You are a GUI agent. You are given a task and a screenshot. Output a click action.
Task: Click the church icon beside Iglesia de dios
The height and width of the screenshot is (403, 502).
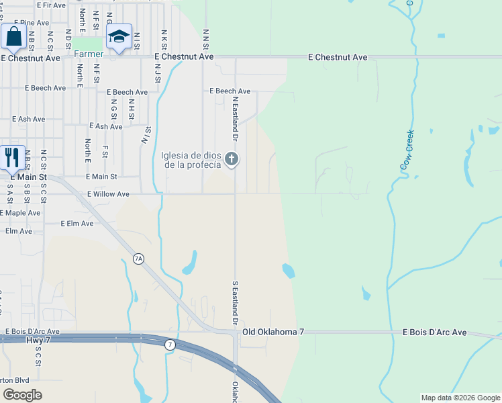(232, 159)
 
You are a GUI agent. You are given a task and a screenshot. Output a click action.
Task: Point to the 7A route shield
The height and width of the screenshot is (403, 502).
(139, 259)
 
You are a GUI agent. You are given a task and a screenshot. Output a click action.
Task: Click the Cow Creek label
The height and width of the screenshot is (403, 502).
(407, 149)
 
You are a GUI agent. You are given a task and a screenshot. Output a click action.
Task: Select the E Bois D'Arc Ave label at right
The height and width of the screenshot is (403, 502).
(434, 332)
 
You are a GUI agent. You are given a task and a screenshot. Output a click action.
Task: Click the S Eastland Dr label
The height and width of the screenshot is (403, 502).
(236, 303)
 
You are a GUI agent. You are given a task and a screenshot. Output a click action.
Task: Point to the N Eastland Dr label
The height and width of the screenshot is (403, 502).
(236, 118)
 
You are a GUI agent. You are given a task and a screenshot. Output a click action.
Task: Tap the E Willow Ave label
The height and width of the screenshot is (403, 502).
(107, 194)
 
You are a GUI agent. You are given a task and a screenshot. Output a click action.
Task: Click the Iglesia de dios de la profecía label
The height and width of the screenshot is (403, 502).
(191, 161)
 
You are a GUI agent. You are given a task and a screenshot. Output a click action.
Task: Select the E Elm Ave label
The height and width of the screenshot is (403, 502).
(77, 223)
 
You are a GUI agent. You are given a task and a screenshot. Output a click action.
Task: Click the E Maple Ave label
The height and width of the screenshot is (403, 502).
(20, 213)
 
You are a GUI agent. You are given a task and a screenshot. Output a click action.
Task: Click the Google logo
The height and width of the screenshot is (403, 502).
(22, 394)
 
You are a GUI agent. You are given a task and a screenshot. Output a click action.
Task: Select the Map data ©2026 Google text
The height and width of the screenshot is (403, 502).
(460, 398)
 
